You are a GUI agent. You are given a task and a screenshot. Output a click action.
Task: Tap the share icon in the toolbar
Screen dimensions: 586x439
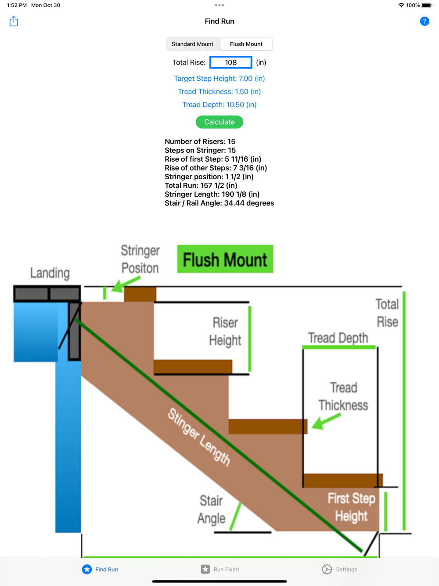click(14, 21)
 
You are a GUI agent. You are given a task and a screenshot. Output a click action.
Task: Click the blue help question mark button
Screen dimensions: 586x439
click(424, 21)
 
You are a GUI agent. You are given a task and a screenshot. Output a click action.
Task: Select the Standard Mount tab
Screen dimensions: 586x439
click(192, 44)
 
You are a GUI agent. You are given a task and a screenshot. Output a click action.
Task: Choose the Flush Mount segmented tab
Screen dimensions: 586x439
click(246, 44)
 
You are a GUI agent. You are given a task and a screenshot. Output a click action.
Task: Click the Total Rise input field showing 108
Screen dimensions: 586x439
click(231, 62)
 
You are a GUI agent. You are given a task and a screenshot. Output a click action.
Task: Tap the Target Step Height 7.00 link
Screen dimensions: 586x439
click(219, 79)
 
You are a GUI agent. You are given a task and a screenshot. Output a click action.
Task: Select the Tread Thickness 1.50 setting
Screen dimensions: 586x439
click(219, 91)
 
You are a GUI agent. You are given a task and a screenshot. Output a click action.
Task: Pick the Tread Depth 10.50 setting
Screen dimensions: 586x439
click(219, 105)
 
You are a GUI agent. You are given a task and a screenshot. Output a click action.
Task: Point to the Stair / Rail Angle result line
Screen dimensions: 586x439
click(219, 203)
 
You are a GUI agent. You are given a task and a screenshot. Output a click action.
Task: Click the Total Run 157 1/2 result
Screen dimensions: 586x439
click(201, 185)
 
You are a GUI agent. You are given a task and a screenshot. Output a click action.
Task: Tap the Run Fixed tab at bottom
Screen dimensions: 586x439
click(220, 569)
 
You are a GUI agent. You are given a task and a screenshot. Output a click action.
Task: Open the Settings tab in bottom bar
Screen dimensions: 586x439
click(339, 569)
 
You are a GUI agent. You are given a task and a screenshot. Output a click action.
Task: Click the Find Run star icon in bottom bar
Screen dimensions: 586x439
click(87, 569)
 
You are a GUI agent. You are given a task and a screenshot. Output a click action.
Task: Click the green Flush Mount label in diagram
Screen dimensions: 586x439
click(225, 259)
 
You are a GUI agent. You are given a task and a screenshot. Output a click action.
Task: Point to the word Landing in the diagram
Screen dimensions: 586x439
click(50, 273)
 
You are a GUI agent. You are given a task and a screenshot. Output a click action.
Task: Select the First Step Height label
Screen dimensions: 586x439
click(351, 507)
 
